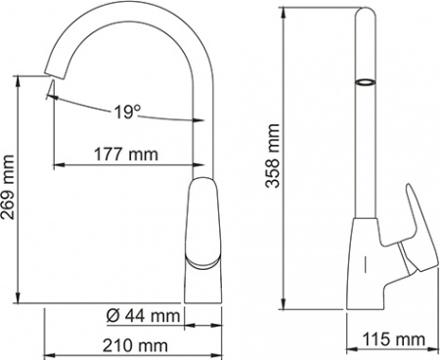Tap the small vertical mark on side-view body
366,263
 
